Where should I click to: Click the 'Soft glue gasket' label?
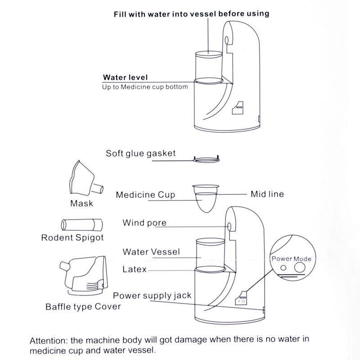tap(140, 153)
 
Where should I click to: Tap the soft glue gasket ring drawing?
tap(206, 158)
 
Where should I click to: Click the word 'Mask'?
tap(81, 203)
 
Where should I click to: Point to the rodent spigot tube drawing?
tap(81, 224)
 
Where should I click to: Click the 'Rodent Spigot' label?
tap(72, 238)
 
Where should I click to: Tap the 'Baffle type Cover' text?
tap(83, 307)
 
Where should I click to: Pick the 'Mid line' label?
tap(267, 194)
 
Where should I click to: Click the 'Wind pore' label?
tap(144, 223)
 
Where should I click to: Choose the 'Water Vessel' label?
tap(151, 252)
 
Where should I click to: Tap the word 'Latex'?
tap(135, 270)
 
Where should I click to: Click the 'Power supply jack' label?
tap(152, 296)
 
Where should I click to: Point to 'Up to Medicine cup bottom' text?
tap(145, 86)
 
